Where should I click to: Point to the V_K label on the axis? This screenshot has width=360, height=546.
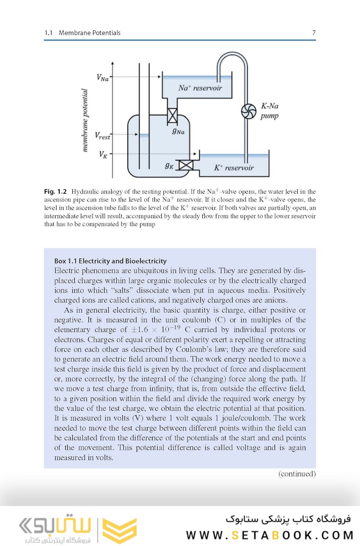(104, 154)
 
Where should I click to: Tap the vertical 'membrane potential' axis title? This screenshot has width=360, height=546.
(85, 120)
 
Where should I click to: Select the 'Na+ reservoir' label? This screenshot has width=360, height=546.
(200, 88)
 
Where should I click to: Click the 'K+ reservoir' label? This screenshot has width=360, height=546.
(233, 168)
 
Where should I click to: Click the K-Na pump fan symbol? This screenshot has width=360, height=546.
(249, 112)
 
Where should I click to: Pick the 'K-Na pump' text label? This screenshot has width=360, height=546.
(271, 111)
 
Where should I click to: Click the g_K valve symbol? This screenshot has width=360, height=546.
(188, 165)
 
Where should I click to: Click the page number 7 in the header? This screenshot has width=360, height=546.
(313, 33)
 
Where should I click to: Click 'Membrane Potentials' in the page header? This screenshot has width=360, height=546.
(89, 33)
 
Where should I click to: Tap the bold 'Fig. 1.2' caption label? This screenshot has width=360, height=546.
(56, 192)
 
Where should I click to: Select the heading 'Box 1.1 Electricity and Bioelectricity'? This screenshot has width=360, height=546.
(110, 261)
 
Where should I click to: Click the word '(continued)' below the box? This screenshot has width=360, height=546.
(297, 474)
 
